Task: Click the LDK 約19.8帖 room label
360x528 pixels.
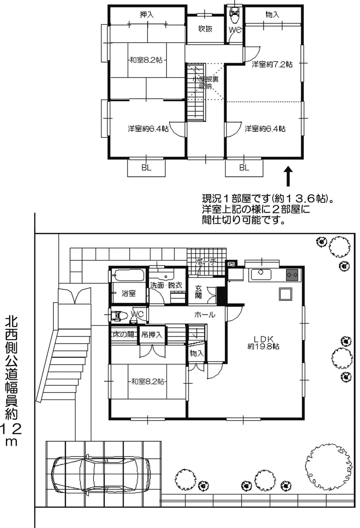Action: click(x=264, y=342)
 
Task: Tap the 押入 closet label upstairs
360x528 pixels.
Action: click(x=147, y=15)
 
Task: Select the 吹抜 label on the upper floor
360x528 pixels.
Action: click(x=205, y=29)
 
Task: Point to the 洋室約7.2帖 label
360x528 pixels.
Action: click(x=272, y=64)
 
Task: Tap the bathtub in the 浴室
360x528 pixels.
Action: click(x=128, y=276)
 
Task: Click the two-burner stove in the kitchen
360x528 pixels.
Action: click(x=292, y=275)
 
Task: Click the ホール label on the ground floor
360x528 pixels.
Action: click(x=204, y=315)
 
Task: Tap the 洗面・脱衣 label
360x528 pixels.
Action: click(x=166, y=285)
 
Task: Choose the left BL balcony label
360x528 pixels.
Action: click(x=146, y=168)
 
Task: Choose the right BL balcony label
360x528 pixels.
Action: click(x=244, y=168)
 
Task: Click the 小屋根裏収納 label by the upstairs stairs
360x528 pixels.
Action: click(x=206, y=83)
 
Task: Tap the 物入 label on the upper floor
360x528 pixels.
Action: click(x=273, y=15)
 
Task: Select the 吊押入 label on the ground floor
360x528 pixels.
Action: click(x=152, y=335)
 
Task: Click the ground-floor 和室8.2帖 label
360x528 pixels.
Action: click(x=148, y=381)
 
